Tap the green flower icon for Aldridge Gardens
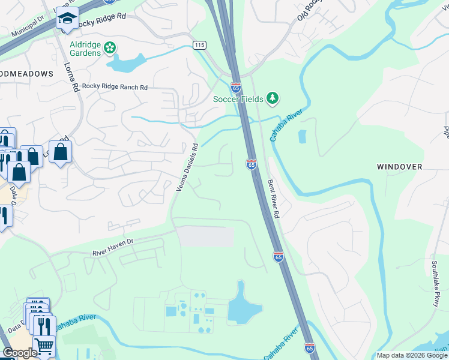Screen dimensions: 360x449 pos(109,47)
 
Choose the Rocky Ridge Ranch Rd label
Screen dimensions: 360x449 pos(115,87)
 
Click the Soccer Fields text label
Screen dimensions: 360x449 pos(238,99)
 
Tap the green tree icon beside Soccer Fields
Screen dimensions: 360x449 pos(273,97)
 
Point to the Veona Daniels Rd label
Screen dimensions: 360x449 pos(187,168)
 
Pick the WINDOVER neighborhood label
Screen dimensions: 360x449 pos(399,166)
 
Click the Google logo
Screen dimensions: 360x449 pos(20,353)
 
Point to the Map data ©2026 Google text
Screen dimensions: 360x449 pos(411,355)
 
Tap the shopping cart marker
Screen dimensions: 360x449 pos(43,346)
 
